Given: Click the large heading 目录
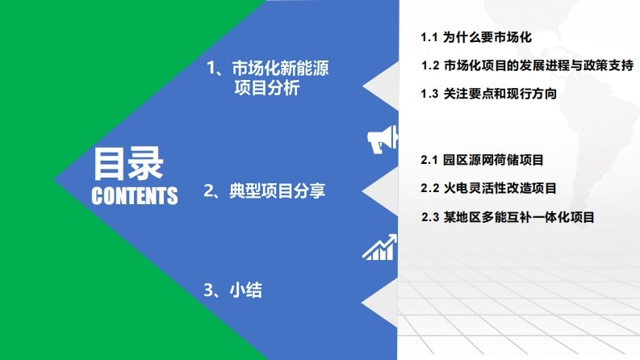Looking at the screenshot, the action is [x=128, y=164].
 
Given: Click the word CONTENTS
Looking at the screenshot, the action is [x=135, y=196].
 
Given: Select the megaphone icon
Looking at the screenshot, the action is [x=383, y=139].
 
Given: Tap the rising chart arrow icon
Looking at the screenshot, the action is [x=379, y=247].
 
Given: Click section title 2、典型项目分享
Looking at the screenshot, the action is [x=265, y=190].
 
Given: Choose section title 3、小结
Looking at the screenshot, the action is [x=232, y=291].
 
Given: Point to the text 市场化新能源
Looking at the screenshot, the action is [x=280, y=68].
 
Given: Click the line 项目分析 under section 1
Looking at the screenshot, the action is [x=267, y=88].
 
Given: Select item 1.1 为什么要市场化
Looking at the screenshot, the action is [x=476, y=38].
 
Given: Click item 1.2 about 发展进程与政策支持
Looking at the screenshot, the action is [x=527, y=65].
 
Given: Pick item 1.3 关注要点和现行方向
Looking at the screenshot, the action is [x=488, y=94].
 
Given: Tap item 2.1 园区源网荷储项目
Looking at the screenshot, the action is [x=482, y=160].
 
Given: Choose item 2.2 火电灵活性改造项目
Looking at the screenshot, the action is [x=488, y=188].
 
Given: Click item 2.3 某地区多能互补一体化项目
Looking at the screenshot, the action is [x=508, y=217].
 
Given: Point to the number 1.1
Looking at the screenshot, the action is [x=429, y=38].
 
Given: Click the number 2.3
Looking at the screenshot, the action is [x=430, y=218].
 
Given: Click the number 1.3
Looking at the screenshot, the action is [x=429, y=94].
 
